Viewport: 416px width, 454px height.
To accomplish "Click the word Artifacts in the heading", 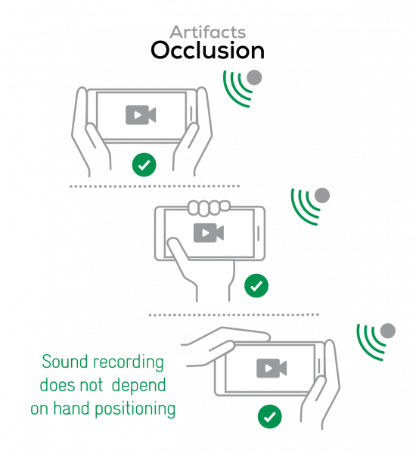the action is tap(207, 32).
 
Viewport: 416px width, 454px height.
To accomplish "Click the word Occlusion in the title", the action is tap(207, 51).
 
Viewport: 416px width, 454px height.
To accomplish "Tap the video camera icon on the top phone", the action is tap(141, 115).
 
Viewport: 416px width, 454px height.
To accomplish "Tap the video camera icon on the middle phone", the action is tap(209, 233).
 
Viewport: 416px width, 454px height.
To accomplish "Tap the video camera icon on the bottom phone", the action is tap(272, 368).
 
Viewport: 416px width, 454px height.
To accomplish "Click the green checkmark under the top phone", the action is tap(144, 165).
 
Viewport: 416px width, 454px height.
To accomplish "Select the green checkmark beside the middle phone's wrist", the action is tap(256, 285).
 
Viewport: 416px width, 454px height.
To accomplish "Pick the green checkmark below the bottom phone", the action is tap(269, 417).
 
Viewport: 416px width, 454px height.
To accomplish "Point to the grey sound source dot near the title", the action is tap(254, 78).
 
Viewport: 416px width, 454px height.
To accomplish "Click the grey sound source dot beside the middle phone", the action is tap(322, 195).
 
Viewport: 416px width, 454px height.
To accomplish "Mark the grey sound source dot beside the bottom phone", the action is tap(387, 331).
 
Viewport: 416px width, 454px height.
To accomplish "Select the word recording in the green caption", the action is tap(129, 363).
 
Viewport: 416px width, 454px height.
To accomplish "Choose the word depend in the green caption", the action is tap(138, 386).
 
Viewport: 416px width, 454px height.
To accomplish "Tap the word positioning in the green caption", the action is tap(135, 409).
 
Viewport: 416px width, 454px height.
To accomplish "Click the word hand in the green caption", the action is tap(72, 409).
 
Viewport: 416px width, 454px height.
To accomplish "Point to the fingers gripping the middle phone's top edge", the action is tap(209, 207).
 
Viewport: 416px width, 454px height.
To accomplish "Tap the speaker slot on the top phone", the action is tap(191, 114).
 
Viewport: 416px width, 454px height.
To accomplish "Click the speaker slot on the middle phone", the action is tap(258, 233).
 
